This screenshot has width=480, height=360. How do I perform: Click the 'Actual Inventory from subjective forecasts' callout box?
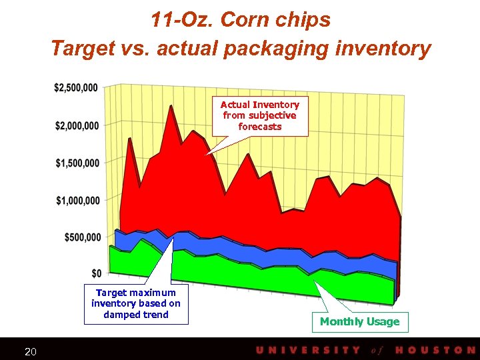260,115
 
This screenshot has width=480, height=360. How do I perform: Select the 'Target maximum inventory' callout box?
136,304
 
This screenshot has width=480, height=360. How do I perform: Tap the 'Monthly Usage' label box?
359,322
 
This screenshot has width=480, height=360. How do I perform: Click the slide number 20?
30,351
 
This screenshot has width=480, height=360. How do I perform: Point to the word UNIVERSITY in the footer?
307,350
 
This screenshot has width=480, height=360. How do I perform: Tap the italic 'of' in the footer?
377,350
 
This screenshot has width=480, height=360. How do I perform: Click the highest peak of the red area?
171,107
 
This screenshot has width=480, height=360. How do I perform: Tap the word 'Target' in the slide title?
81,49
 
